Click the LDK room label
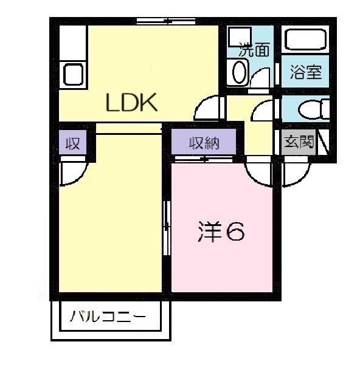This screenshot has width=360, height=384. pos(132,103)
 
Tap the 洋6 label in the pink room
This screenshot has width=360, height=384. pos(221,231)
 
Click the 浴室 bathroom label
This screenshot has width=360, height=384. pos(305,73)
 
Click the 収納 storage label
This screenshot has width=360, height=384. pos(202,143)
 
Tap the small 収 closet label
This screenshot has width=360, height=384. pos(74,144)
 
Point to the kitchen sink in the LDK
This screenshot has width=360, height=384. pos(73,75)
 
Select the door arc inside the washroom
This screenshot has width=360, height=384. pos(262,78)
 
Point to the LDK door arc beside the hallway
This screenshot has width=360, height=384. pos(207,108)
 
